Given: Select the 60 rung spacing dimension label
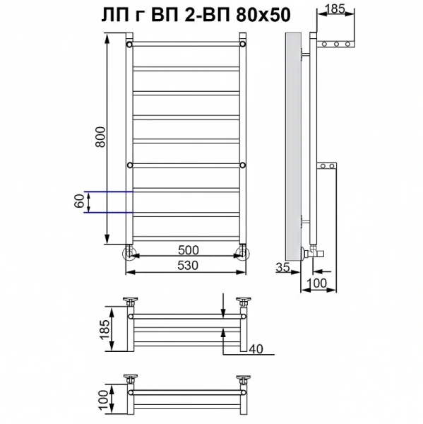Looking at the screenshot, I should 80,201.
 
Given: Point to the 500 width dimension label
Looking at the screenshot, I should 188,250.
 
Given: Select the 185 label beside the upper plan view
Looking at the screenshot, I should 103,328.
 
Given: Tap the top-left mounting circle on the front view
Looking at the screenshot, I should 131,44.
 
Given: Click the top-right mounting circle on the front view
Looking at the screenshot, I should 243,44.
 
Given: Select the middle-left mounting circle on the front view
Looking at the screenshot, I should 131,165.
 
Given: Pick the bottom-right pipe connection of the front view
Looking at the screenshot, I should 243,254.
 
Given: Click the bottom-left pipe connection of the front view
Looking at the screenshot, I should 131,254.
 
